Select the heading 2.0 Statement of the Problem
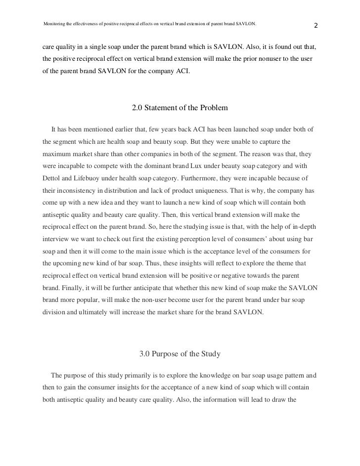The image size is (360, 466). (x=180, y=107)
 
